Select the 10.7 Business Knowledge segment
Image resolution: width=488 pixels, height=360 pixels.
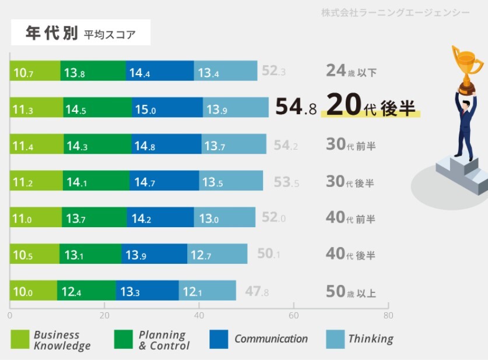tap(34, 72)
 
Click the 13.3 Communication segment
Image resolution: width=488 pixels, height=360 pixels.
tap(147, 291)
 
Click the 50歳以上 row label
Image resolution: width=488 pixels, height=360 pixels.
tap(350, 291)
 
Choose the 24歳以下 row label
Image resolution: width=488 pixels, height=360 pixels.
tap(351, 72)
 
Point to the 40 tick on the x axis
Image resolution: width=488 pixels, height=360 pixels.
tap(199, 316)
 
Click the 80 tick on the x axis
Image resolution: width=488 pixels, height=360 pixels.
tap(388, 316)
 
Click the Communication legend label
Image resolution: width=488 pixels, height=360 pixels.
tap(271, 339)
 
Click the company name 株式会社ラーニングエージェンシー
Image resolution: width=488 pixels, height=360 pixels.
tap(395, 12)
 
